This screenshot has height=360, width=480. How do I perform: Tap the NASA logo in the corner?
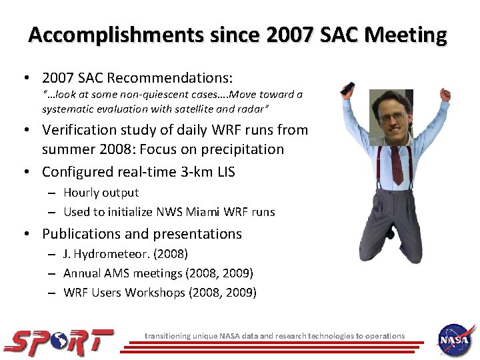coord(455,339)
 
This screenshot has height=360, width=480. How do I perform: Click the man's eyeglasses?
coord(394,117)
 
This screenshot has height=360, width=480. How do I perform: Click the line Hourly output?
coord(101,193)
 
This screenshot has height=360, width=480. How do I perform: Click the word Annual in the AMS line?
coord(81,273)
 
